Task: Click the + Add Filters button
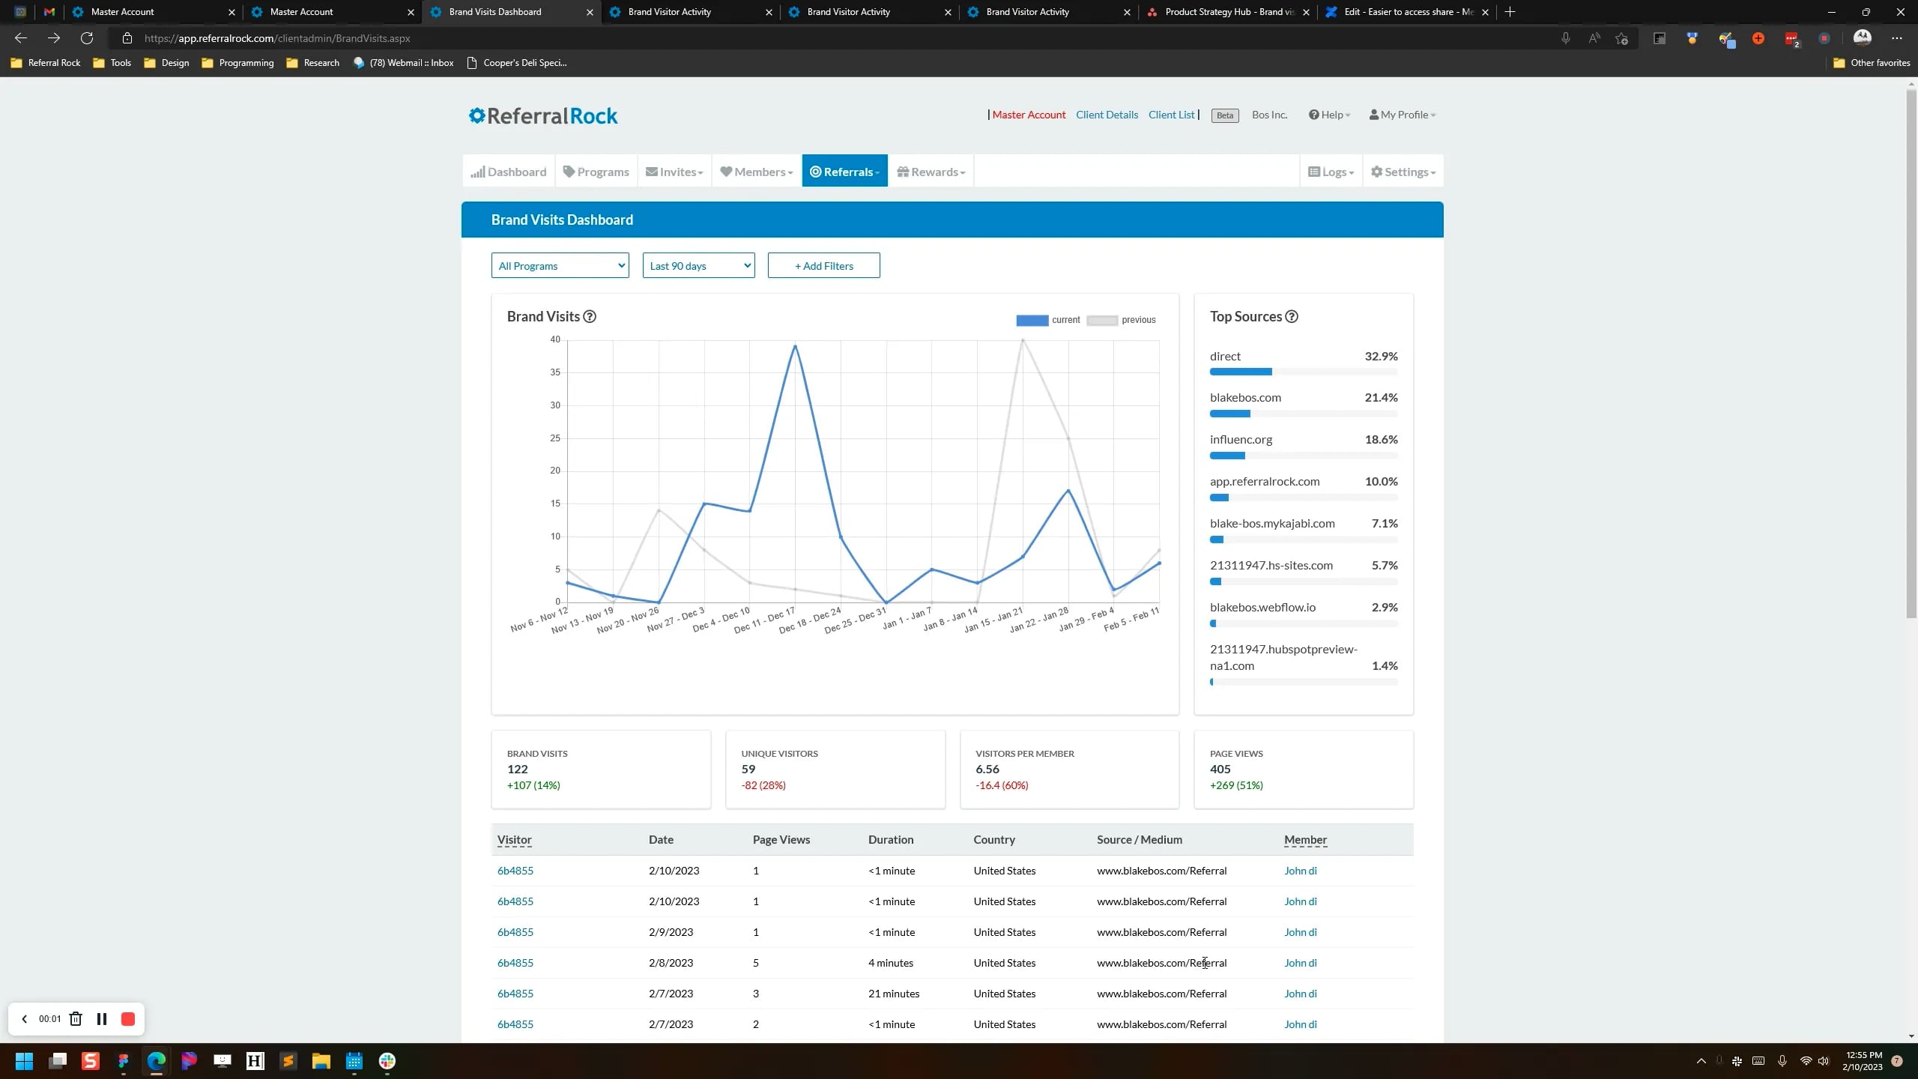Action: [x=823, y=265]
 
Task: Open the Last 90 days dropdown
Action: [x=698, y=265]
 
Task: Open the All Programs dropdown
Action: [x=560, y=265]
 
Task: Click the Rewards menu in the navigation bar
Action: [x=931, y=172]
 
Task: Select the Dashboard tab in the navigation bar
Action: [x=509, y=172]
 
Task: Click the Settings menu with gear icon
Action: [x=1403, y=172]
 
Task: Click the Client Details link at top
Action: [x=1107, y=115]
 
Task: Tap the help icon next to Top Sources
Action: [x=1292, y=316]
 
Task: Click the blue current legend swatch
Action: [x=1032, y=320]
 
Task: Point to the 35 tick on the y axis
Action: [x=555, y=372]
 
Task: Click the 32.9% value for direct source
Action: [x=1381, y=356]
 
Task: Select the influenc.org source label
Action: [x=1241, y=440]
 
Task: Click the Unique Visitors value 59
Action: [x=748, y=769]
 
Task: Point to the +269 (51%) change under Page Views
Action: [x=1236, y=785]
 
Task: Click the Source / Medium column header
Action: [x=1139, y=839]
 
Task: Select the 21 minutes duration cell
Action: [x=893, y=994]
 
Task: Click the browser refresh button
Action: [x=87, y=38]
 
